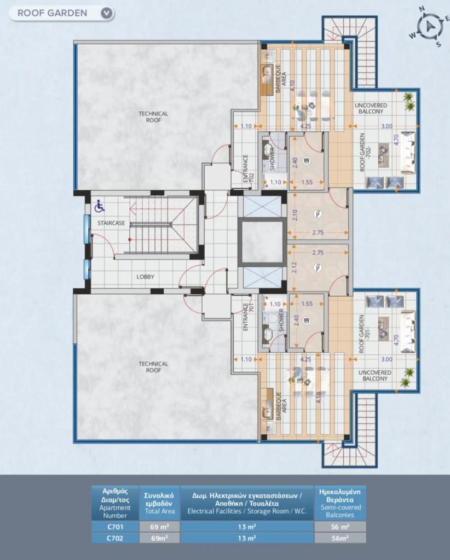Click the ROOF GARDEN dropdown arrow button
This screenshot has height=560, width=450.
point(107,13)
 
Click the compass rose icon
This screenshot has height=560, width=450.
point(429,26)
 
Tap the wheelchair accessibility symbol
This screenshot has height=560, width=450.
point(100,206)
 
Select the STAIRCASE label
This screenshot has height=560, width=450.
point(111,223)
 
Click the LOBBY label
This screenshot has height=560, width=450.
point(145,277)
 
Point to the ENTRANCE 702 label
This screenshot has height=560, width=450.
point(248,168)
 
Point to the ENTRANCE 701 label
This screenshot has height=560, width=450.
point(248,317)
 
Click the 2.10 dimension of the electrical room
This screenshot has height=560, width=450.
point(295,215)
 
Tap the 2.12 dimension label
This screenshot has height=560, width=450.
point(295,267)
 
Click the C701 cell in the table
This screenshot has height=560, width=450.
point(115,527)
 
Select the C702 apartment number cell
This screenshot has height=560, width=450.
point(115,538)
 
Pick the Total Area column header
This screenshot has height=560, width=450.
point(159,503)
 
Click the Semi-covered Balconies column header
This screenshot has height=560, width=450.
point(340,503)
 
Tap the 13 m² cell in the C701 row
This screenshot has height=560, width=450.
point(247,527)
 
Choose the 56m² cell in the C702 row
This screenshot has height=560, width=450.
point(340,538)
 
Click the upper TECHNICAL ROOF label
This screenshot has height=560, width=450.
point(153,117)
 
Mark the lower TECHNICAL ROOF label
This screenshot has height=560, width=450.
point(153,367)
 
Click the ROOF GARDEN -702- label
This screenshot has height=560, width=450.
point(365,152)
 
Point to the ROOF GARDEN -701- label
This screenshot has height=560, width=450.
point(365,334)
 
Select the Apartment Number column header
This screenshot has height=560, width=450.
point(115,503)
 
